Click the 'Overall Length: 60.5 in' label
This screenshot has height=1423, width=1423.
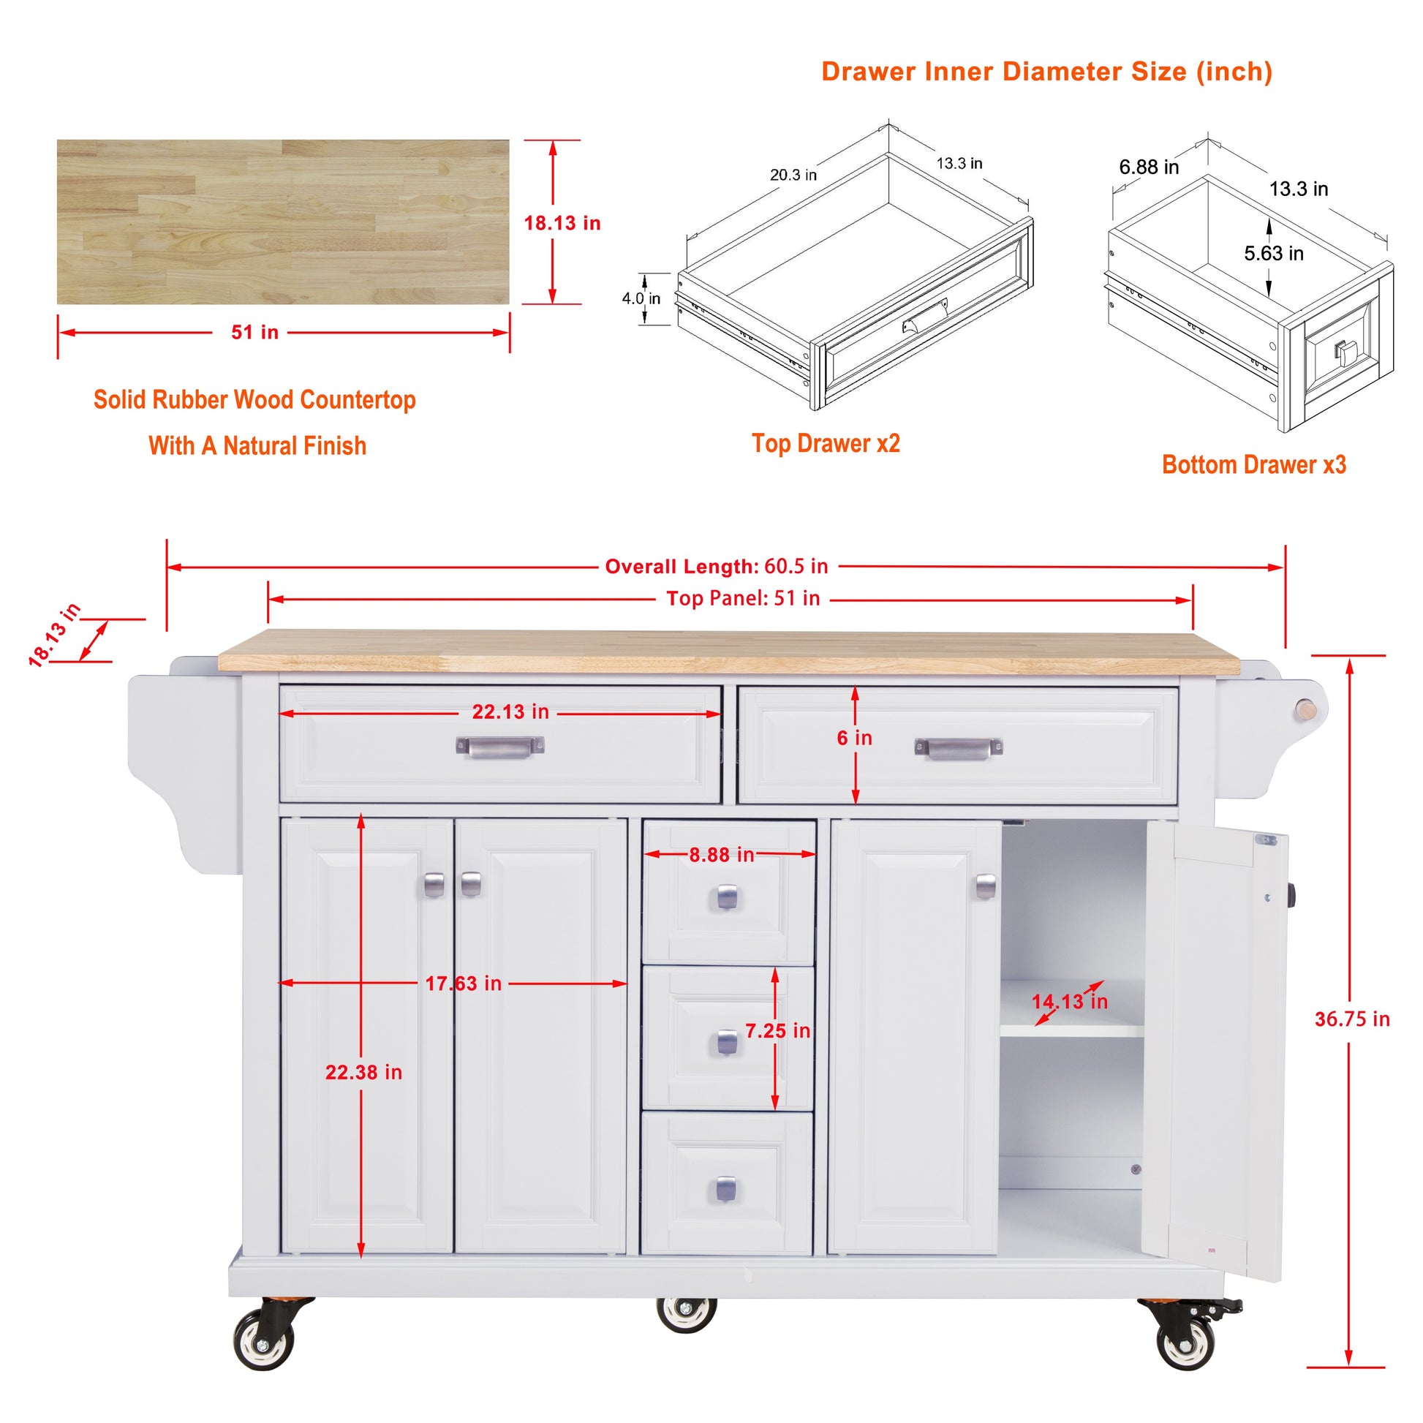click(716, 567)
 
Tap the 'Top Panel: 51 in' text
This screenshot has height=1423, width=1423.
click(742, 598)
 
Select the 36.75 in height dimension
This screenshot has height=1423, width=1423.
click(1351, 1019)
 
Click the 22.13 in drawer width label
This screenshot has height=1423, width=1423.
click(510, 711)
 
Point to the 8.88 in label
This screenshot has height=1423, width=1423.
click(721, 854)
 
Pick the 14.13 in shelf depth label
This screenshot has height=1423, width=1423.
click(1069, 1002)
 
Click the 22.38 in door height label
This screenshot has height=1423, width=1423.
click(364, 1073)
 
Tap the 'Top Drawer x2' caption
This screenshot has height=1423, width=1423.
click(826, 443)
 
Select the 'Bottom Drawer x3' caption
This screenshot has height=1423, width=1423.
click(1253, 465)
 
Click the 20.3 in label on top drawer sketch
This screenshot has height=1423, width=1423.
click(793, 175)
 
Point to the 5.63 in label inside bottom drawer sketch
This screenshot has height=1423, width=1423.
click(1274, 253)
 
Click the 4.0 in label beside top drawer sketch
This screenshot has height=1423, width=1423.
click(641, 298)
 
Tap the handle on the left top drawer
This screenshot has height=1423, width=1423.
click(499, 747)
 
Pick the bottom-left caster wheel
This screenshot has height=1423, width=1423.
click(264, 1339)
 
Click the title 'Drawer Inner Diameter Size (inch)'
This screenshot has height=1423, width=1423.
click(1046, 72)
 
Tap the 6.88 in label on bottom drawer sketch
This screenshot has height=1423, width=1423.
click(1148, 167)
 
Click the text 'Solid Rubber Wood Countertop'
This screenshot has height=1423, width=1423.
click(254, 399)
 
